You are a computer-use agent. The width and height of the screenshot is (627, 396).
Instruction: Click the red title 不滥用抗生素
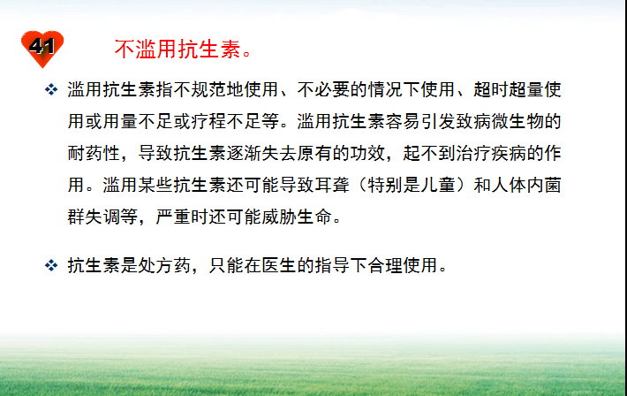178,48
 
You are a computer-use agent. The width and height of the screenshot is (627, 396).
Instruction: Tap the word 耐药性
96,149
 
